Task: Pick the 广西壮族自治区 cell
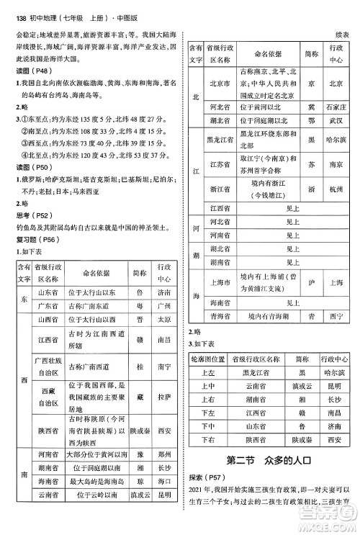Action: [x=45, y=366]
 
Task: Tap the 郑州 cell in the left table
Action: [x=163, y=455]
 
